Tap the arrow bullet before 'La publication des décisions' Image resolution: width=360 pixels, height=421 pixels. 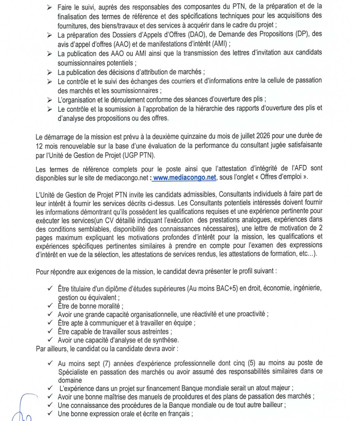click(x=49, y=72)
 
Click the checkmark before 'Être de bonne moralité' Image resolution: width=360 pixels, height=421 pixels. click(x=50, y=306)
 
